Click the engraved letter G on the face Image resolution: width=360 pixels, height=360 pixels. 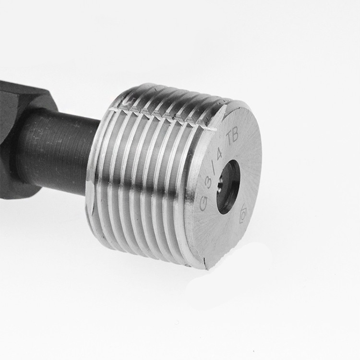pyautogui.click(x=204, y=204)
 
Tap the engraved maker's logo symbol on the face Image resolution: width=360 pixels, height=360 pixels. pyautogui.click(x=243, y=214)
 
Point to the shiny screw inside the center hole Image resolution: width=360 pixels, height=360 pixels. pyautogui.click(x=220, y=182)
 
